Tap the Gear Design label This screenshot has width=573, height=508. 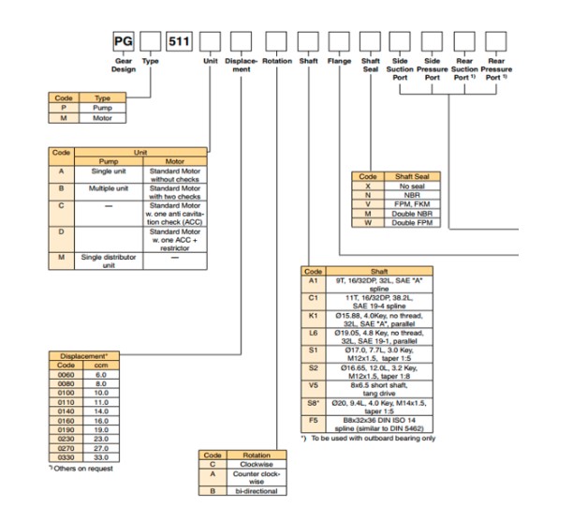[x=123, y=63]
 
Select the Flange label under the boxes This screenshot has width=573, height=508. [x=339, y=59]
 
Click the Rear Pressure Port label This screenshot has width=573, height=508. [x=497, y=68]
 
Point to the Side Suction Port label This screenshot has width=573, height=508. [x=402, y=68]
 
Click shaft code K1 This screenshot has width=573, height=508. [x=316, y=318]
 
